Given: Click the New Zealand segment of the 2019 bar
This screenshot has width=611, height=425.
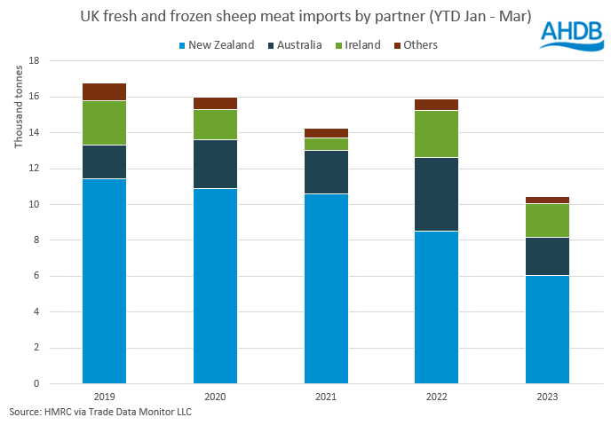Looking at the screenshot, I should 104,280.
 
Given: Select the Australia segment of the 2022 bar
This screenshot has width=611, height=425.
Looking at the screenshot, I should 437,194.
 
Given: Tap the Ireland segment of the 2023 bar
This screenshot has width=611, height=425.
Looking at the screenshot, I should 548,221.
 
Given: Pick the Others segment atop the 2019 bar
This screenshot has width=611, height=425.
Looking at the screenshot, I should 104,91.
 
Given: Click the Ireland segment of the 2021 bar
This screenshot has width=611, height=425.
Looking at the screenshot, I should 326,144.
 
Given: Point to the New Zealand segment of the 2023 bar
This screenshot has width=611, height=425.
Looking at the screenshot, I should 548,329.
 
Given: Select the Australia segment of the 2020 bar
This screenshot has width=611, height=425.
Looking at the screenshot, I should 215,164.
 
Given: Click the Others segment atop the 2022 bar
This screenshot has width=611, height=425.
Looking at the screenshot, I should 437,105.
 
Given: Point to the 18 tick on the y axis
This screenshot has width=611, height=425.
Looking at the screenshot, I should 36,61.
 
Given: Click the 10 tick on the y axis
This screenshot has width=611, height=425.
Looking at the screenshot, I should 36,204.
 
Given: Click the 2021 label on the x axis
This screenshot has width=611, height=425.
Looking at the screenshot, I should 326,397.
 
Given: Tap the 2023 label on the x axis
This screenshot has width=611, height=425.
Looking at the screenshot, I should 548,397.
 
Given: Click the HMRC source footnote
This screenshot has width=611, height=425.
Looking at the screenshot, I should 99,413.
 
